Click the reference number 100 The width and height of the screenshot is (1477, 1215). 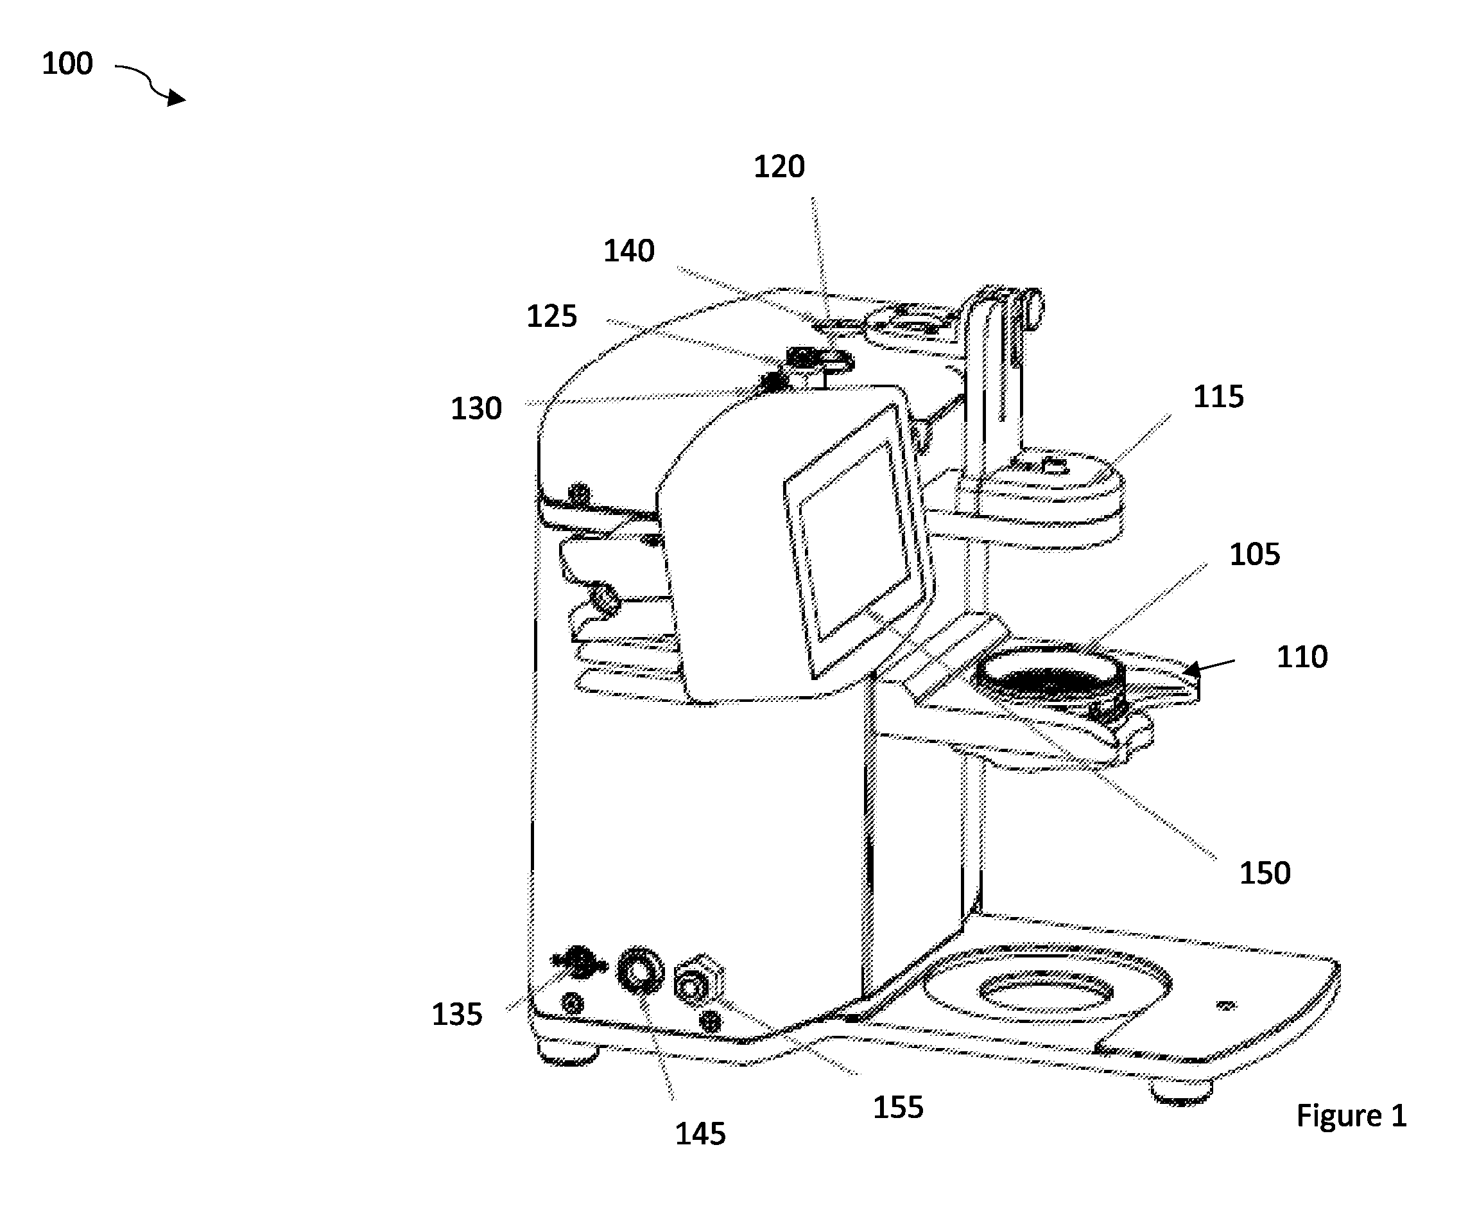(67, 64)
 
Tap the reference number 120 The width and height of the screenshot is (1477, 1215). (779, 167)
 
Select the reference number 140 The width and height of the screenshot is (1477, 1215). (629, 250)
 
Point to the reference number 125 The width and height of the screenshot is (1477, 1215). (551, 317)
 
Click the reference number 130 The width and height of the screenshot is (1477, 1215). (476, 408)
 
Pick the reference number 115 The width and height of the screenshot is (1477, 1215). (1218, 397)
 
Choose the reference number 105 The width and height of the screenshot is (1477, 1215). (1254, 554)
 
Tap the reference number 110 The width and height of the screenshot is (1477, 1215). (1302, 657)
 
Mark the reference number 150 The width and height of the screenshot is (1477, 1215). (1265, 873)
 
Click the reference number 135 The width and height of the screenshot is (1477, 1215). (457, 1015)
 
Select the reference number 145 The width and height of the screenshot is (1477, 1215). (700, 1134)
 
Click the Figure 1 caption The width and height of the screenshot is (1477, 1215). (1351, 1115)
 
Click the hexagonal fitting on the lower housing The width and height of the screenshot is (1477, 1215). (698, 981)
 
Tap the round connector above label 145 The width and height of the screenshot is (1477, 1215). (640, 971)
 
